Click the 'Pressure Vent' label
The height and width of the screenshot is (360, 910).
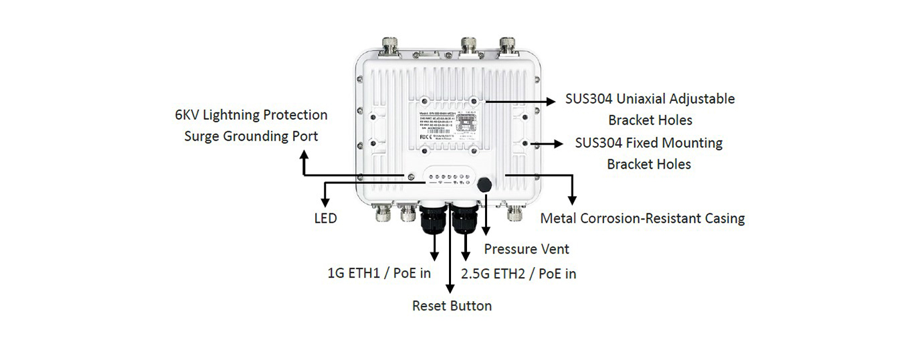point(527,250)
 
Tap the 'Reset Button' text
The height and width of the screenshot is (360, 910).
point(452,306)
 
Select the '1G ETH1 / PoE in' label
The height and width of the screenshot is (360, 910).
point(379,273)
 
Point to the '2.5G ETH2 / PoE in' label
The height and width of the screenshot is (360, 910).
point(519,273)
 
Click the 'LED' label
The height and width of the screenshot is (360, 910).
point(325,219)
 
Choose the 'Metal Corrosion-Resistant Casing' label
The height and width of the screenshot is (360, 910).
point(642,218)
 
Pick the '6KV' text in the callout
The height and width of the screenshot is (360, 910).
point(188,115)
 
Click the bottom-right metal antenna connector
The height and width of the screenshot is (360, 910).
point(515,213)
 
